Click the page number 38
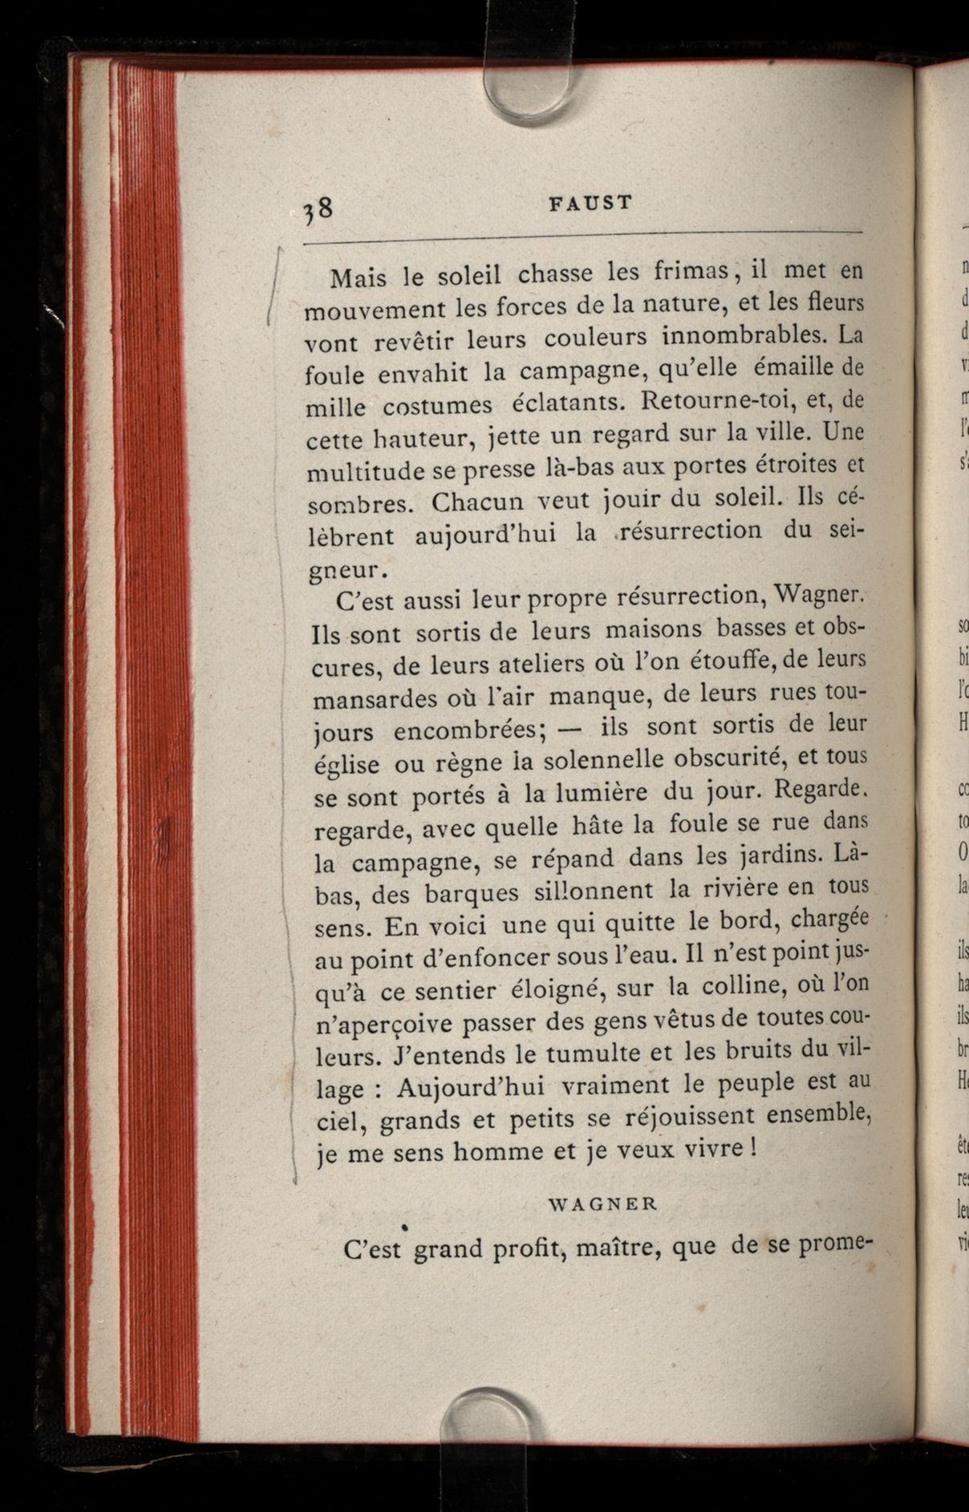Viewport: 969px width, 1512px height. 318,211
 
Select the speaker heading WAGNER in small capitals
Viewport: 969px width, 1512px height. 604,1203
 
